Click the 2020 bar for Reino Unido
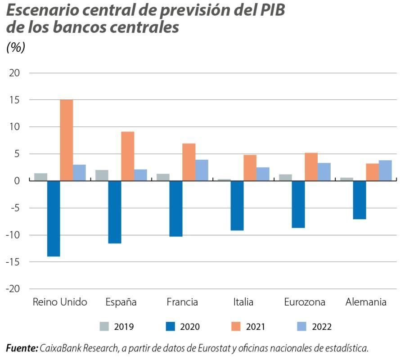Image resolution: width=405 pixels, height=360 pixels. coord(54,218)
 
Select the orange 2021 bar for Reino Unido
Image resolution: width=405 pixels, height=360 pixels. coord(67,140)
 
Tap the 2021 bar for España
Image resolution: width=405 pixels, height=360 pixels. coord(128,156)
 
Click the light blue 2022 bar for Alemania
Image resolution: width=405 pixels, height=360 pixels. coord(385,171)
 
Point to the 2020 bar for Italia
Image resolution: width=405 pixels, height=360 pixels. coord(237,205)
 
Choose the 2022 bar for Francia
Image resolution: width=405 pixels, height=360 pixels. coord(202,170)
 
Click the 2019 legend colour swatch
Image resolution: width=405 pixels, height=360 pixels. coord(104,327)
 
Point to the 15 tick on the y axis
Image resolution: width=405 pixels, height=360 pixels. coord(16,100)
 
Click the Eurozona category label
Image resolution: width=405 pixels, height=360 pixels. coord(305,302)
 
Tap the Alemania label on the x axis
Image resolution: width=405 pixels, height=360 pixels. coord(366,302)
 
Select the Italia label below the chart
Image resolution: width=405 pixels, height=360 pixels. coord(243,302)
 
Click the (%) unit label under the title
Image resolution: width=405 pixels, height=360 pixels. coord(16,47)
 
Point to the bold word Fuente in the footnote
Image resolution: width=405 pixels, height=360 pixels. coord(21,348)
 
